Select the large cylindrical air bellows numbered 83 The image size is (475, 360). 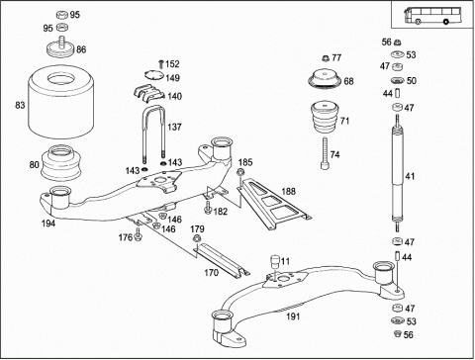click(61, 102)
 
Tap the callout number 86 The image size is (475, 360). click(81, 49)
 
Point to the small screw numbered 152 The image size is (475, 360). click(161, 64)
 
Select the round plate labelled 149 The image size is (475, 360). click(154, 75)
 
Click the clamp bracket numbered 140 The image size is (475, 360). click(149, 93)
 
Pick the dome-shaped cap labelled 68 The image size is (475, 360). click(325, 80)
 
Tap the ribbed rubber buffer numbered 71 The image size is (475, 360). click(326, 118)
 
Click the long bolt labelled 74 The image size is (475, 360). click(325, 153)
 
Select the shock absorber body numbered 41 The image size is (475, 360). click(398, 174)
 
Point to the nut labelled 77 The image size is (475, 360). click(326, 58)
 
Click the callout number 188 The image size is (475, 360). click(289, 192)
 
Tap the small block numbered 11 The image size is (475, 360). click(275, 261)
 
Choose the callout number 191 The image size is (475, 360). click(293, 316)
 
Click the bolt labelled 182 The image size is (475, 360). click(208, 208)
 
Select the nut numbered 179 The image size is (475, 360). click(197, 238)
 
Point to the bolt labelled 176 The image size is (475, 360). click(138, 234)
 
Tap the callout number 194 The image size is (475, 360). click(48, 224)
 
